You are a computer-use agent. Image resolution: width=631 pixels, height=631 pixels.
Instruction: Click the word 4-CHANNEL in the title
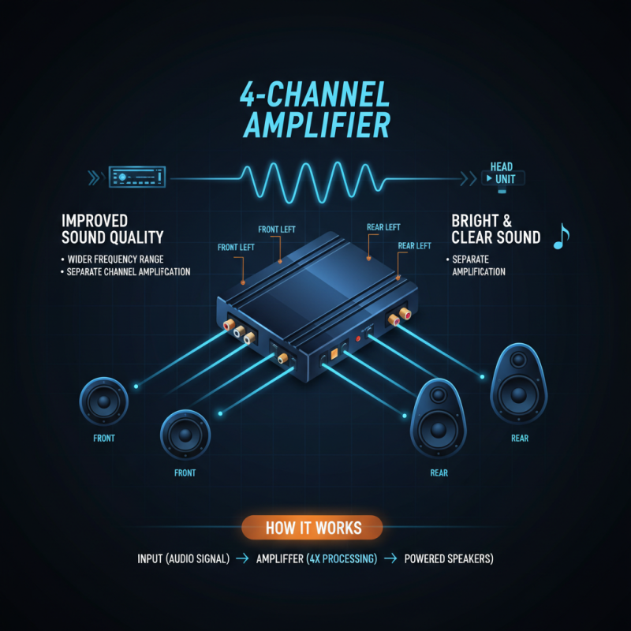click(315, 94)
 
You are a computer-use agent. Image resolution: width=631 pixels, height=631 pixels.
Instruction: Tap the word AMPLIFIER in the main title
click(317, 125)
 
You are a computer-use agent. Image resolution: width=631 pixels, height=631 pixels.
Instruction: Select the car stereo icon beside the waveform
click(137, 177)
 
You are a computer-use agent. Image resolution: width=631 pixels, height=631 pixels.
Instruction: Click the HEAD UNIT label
click(502, 173)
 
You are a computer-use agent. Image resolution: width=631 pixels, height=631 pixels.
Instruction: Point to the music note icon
click(561, 237)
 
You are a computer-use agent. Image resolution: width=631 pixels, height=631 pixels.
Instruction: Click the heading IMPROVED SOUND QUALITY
click(112, 229)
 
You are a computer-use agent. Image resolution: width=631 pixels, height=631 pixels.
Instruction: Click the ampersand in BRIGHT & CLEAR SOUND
click(507, 221)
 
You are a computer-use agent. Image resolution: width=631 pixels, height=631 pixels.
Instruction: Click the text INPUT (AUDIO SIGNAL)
click(184, 558)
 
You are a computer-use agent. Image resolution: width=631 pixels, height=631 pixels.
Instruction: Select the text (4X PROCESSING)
click(342, 558)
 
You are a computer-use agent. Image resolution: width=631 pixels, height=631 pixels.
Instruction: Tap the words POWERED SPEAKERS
click(449, 558)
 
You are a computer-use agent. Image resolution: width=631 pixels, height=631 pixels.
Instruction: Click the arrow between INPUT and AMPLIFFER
click(242, 558)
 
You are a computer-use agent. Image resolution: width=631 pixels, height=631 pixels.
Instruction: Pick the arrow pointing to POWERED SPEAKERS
click(390, 558)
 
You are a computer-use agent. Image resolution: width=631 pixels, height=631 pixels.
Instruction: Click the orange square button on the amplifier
click(334, 353)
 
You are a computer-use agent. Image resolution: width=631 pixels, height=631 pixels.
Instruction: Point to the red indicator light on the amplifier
click(358, 339)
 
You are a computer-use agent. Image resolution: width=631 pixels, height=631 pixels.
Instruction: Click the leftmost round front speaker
click(104, 401)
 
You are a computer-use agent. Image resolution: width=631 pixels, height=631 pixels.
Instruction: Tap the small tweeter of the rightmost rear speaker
click(518, 360)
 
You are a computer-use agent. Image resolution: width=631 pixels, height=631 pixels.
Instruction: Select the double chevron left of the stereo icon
click(94, 177)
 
